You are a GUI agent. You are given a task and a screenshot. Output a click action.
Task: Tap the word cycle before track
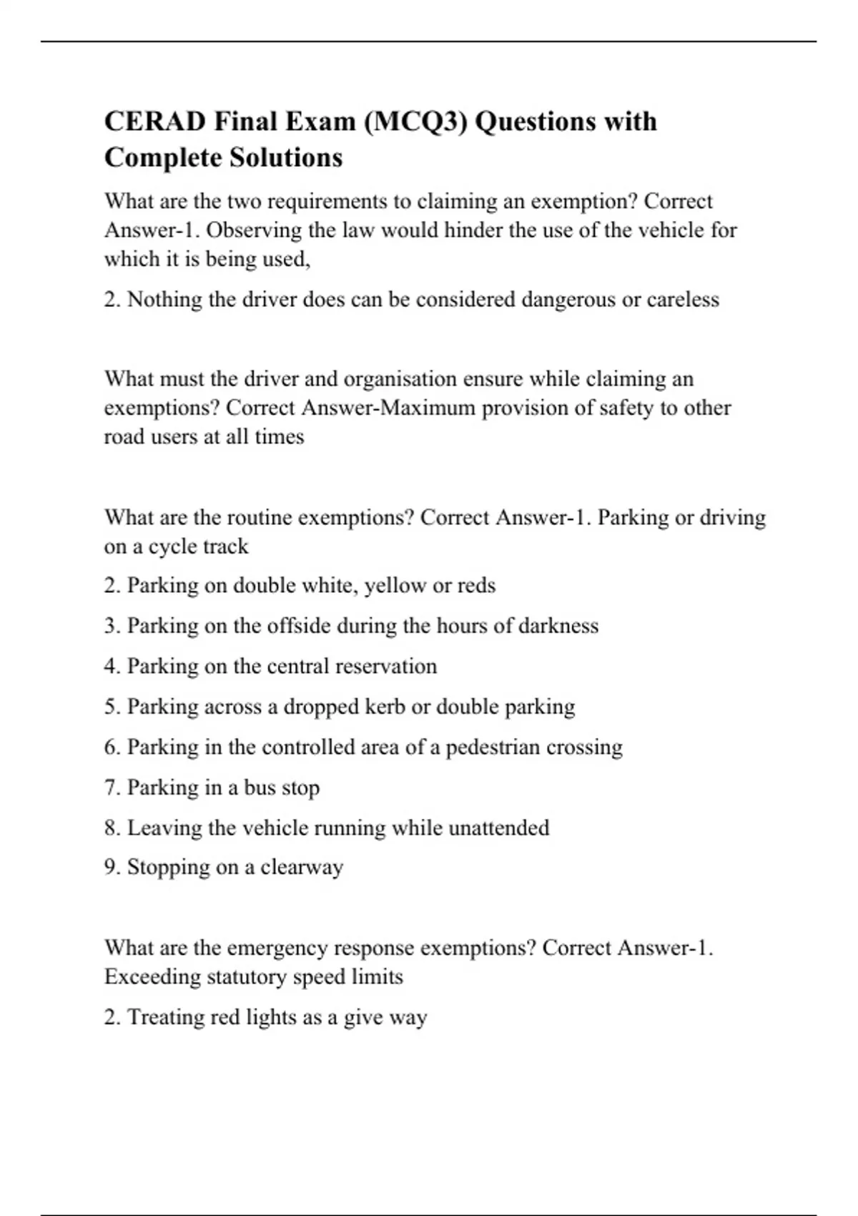pos(172,546)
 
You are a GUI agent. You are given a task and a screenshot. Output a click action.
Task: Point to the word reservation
pos(386,667)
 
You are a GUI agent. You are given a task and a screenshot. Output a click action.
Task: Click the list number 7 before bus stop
pos(112,788)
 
